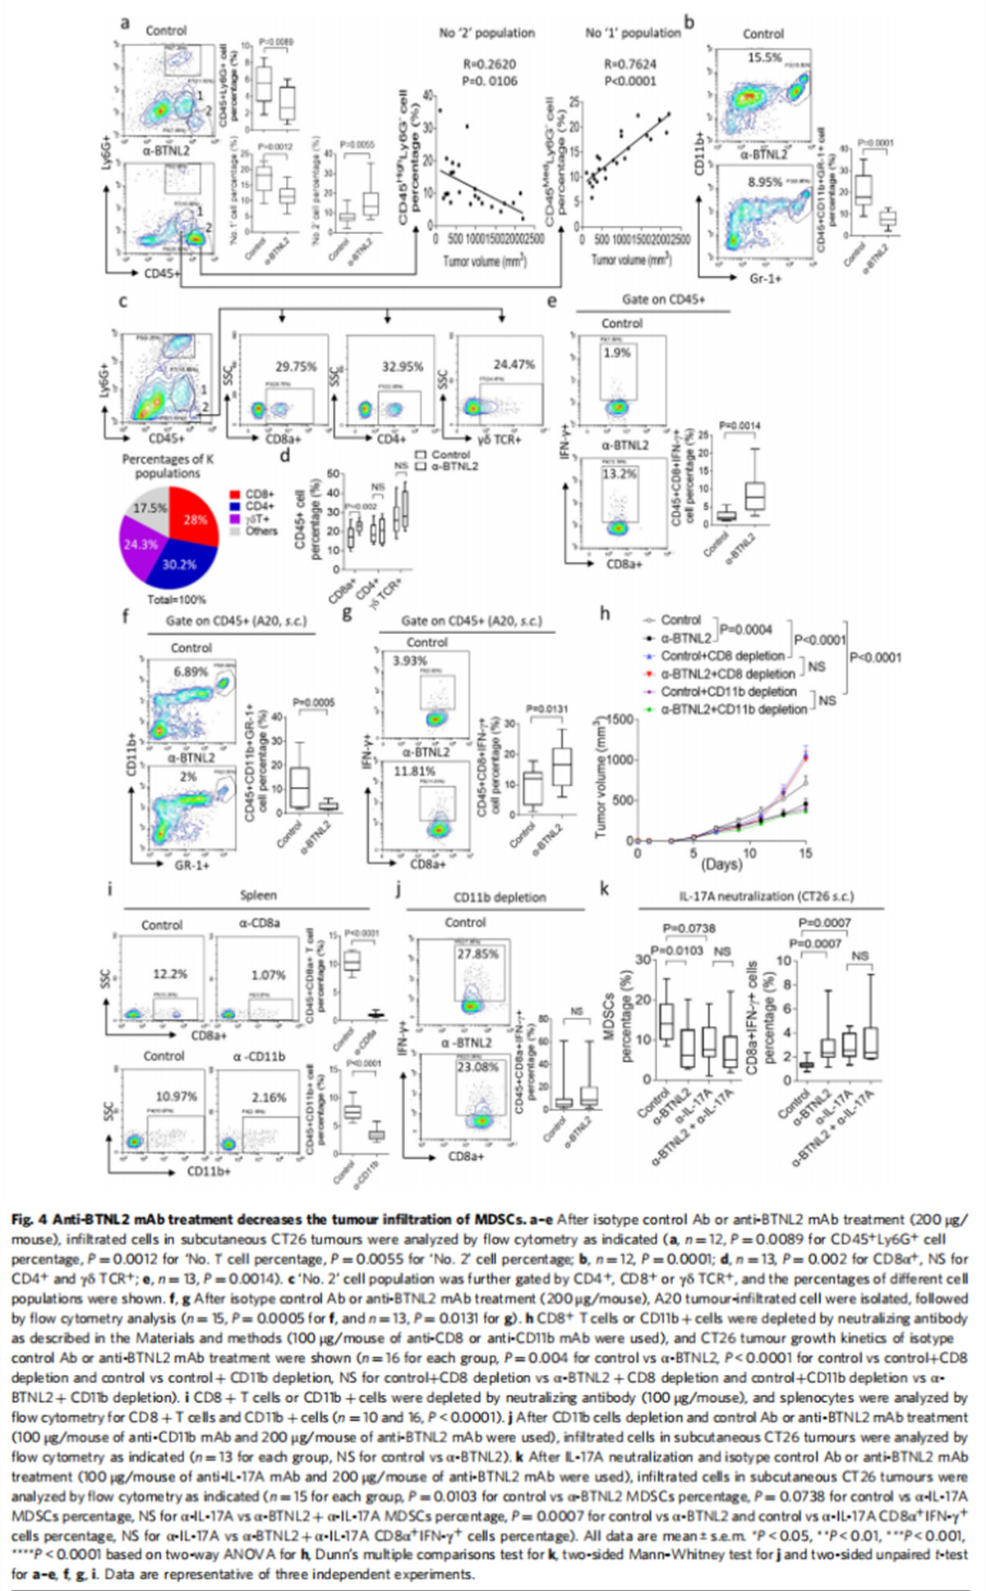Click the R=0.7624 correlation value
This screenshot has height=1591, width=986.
(630, 64)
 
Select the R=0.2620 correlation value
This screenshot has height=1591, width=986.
(486, 64)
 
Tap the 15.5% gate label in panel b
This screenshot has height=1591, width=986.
(764, 59)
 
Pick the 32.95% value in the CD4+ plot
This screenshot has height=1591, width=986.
(401, 367)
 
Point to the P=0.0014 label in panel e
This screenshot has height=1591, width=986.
(740, 425)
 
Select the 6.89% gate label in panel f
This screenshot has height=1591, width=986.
(190, 672)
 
